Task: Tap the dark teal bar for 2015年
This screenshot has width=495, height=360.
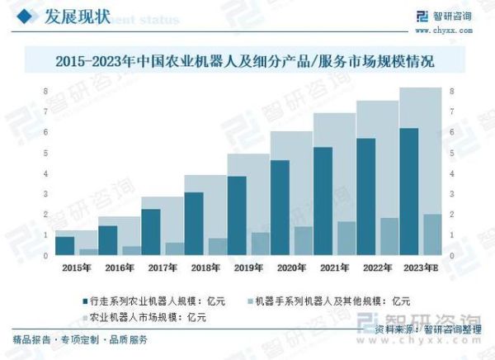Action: [65, 245]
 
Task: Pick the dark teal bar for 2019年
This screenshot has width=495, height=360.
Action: [237, 216]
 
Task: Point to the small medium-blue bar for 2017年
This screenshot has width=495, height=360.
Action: [173, 249]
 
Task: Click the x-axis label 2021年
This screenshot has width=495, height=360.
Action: [334, 268]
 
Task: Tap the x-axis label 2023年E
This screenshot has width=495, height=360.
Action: [422, 268]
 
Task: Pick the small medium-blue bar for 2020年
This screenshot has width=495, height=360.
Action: [302, 241]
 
